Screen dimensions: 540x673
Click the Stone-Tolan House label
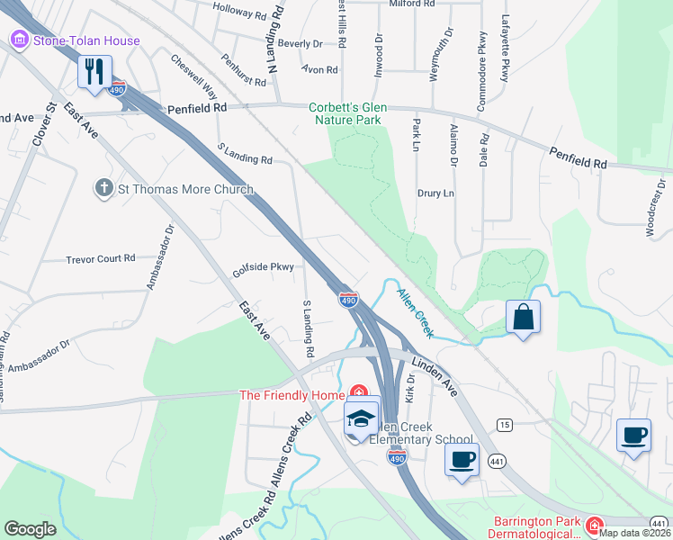coord(86,40)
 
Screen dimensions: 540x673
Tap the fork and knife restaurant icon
coord(94,71)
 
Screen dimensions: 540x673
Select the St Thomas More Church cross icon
coord(104,189)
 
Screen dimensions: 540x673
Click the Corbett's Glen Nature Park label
coord(347,112)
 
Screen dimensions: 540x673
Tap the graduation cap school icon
coord(362,418)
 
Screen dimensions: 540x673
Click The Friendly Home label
coord(292,395)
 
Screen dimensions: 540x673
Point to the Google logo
coord(30,529)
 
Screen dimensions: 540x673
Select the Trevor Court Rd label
coord(100,259)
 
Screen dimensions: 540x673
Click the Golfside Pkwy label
coord(264,267)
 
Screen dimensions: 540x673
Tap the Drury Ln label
coord(435,193)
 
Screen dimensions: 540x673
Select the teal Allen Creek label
coord(415,313)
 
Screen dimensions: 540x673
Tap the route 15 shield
coord(504,425)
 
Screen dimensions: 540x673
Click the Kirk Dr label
coord(410,391)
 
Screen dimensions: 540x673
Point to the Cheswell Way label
coord(194,77)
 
